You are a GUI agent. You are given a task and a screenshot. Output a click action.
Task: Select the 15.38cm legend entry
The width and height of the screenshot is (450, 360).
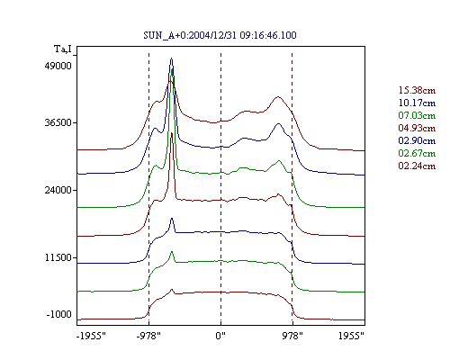417,90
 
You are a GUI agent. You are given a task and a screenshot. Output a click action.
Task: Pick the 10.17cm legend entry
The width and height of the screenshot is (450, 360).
417,103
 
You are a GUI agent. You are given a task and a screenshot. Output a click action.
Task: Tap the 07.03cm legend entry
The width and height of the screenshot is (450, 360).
417,115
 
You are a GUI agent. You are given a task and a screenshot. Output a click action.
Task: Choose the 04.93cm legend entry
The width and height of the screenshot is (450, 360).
417,128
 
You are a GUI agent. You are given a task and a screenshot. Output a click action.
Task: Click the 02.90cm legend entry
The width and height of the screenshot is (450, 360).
417,140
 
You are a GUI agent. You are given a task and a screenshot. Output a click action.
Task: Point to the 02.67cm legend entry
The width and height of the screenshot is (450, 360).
417,153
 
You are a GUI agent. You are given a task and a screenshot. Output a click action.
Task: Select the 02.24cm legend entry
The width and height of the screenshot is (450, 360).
417,166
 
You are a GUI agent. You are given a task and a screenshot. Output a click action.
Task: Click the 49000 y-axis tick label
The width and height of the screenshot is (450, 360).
58,66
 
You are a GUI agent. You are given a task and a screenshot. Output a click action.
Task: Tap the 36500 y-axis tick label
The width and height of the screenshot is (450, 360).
58,122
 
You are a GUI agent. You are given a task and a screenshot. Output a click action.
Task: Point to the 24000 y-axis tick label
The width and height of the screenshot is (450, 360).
58,190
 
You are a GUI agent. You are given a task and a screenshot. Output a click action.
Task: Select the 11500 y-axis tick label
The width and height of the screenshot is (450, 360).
58,257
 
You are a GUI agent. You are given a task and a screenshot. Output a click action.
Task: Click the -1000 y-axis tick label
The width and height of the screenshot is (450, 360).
58,314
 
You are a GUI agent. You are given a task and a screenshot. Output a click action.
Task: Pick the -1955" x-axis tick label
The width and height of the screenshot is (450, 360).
91,336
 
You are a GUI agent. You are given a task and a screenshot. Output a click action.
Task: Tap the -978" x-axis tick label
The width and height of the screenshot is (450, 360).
148,336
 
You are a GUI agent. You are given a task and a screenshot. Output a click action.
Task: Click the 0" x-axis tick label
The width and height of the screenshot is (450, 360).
220,336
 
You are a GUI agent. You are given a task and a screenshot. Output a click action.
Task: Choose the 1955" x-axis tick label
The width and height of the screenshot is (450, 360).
351,336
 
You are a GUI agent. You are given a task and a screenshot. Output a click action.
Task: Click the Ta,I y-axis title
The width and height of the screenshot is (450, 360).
63,49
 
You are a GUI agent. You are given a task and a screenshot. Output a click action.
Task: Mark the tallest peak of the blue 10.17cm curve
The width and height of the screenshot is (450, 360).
171,58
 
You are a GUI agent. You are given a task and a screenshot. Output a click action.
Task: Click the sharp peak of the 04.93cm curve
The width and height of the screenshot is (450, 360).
172,132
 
